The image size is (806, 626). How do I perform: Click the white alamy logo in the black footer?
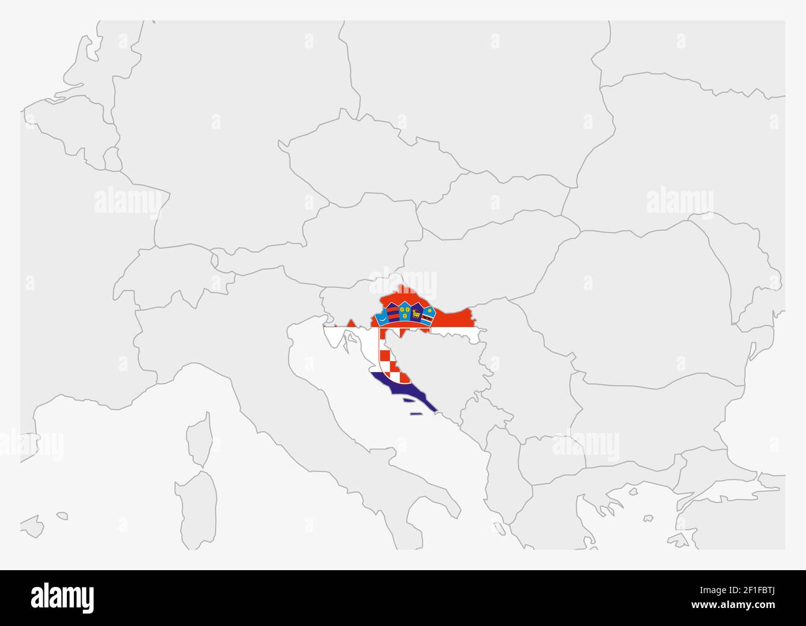tap(63, 597)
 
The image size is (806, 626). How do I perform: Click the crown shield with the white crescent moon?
tap(383, 318)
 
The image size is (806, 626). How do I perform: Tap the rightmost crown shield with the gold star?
tap(428, 317)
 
